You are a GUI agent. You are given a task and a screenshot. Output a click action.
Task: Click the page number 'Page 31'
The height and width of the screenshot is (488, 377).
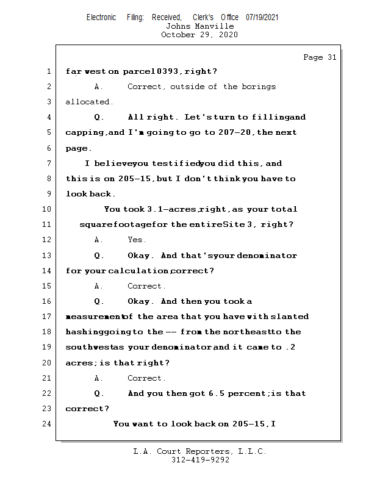pyautogui.click(x=320, y=57)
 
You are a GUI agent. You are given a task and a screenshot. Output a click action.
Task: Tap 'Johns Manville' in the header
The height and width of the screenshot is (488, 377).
pyautogui.click(x=199, y=26)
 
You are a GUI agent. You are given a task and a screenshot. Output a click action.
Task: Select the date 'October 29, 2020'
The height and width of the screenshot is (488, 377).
pyautogui.click(x=199, y=35)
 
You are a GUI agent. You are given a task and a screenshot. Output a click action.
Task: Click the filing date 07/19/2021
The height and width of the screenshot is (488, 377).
pyautogui.click(x=262, y=17)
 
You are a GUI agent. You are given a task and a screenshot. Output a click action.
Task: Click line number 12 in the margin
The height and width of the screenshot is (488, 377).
pyautogui.click(x=48, y=240)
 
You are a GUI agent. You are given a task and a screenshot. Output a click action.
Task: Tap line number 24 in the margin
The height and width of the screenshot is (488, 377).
pyautogui.click(x=48, y=424)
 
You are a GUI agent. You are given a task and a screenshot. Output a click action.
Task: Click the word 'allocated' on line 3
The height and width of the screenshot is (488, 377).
pyautogui.click(x=89, y=102)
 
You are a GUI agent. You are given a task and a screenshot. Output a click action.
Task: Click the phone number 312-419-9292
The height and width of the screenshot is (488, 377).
pyautogui.click(x=200, y=460)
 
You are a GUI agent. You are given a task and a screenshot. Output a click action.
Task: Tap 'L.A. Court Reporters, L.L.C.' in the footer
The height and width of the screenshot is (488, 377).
pyautogui.click(x=200, y=451)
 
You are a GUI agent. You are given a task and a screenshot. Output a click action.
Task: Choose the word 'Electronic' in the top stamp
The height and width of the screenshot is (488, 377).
pyautogui.click(x=101, y=17)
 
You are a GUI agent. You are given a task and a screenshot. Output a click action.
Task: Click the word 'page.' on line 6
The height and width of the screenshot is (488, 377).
pyautogui.click(x=79, y=148)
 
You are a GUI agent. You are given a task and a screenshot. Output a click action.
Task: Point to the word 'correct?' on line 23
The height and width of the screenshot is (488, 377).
pyautogui.click(x=87, y=409)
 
